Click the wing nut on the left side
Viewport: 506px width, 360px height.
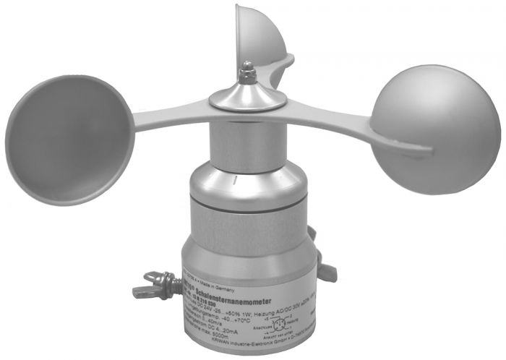tap(152, 285)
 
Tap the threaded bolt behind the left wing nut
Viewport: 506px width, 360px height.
tap(173, 283)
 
